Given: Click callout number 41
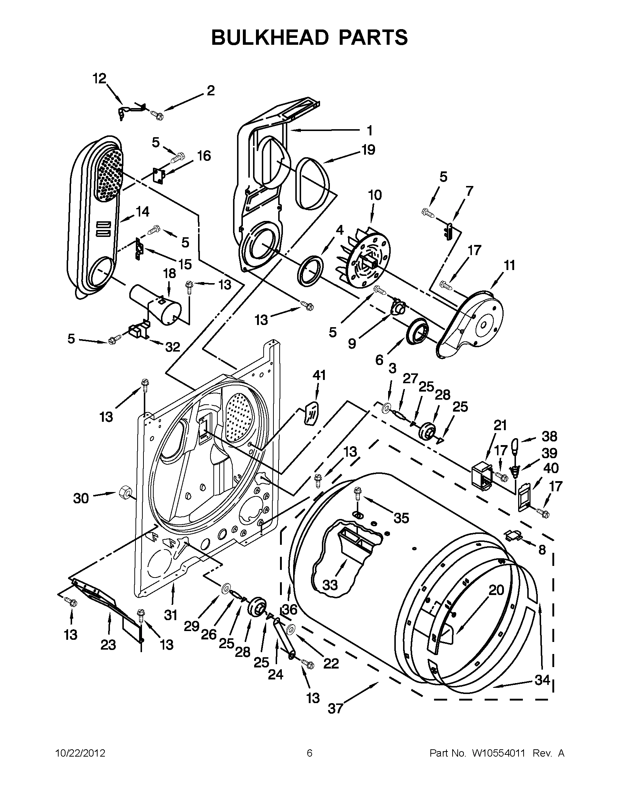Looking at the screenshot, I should click(x=319, y=375).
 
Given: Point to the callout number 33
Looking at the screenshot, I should click(x=330, y=584).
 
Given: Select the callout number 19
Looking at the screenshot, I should click(x=368, y=150).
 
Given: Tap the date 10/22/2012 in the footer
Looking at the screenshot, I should click(x=80, y=753).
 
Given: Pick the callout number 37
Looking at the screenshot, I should click(x=335, y=709).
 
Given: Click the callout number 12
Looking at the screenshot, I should click(x=99, y=78).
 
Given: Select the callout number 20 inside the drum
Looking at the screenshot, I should click(x=496, y=590).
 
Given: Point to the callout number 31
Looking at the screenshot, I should click(x=171, y=615).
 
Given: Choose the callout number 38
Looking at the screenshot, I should click(x=549, y=436).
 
